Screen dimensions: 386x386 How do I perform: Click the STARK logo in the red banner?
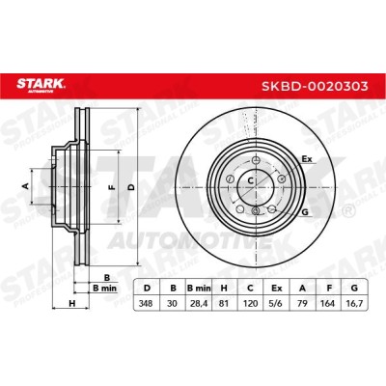[x=41, y=85]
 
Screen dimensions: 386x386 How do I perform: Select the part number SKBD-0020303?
[x=315, y=86]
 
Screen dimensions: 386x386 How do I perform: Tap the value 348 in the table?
[x=147, y=303]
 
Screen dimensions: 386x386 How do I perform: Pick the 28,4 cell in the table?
[x=199, y=303]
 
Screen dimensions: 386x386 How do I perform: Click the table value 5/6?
[x=276, y=303]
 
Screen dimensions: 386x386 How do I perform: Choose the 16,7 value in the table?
[x=354, y=303]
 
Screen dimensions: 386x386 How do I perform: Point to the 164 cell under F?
[x=328, y=303]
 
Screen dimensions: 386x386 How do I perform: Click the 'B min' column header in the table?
[x=199, y=288]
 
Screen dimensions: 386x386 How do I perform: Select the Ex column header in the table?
[x=276, y=288]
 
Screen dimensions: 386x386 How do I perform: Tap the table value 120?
[x=250, y=303]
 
